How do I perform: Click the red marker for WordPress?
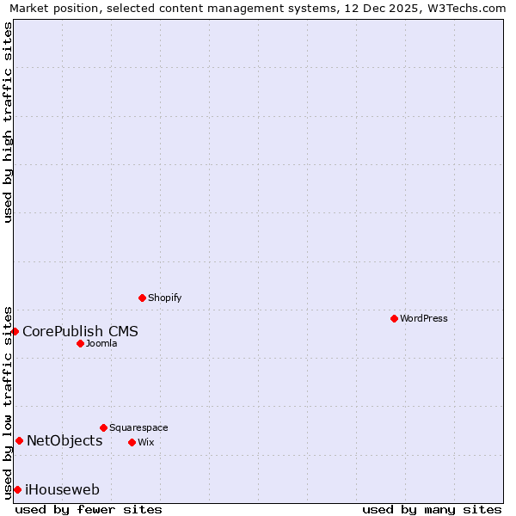pyautogui.click(x=394, y=318)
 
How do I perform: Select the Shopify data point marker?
pyautogui.click(x=142, y=298)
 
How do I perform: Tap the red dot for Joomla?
pyautogui.click(x=80, y=343)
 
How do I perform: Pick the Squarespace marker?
pyautogui.click(x=103, y=427)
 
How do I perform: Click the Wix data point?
pyautogui.click(x=132, y=442)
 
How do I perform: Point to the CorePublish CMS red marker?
pyautogui.click(x=15, y=331)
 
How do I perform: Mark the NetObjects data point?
pyautogui.click(x=19, y=441)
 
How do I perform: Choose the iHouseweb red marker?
pyautogui.click(x=17, y=489)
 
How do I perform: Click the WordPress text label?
pyautogui.click(x=423, y=318)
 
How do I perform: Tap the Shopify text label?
pyautogui.click(x=164, y=298)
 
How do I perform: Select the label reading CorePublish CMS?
pyautogui.click(x=80, y=331)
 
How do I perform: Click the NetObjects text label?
pyautogui.click(x=64, y=441)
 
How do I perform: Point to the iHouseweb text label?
pyautogui.click(x=62, y=490)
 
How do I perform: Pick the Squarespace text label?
pyautogui.click(x=138, y=427)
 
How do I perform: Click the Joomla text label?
pyautogui.click(x=101, y=343)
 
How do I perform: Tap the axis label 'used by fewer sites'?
pyautogui.click(x=89, y=509)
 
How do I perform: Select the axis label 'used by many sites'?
pyautogui.click(x=432, y=509)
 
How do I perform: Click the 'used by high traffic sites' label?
pyautogui.click(x=8, y=122)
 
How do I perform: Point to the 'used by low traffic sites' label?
pyautogui.click(x=8, y=402)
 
